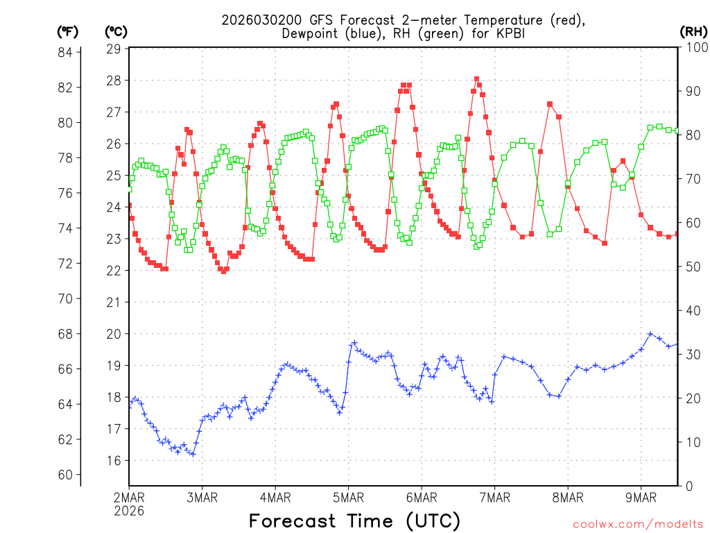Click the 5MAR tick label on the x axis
pos(348,497)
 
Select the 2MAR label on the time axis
pos(129,497)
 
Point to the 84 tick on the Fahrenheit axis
pos(67,52)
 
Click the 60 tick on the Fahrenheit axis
pos(67,475)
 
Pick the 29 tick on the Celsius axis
pos(114,49)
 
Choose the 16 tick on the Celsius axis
pos(114,460)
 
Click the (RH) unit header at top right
pos(693,31)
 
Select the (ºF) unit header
pos(68,31)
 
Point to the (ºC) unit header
pos(116,31)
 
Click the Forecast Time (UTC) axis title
pos(354,521)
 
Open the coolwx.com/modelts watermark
pos(637,523)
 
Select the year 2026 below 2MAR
pos(129,510)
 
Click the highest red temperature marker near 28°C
pos(476,79)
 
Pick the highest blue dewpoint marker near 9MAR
pos(650,334)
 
